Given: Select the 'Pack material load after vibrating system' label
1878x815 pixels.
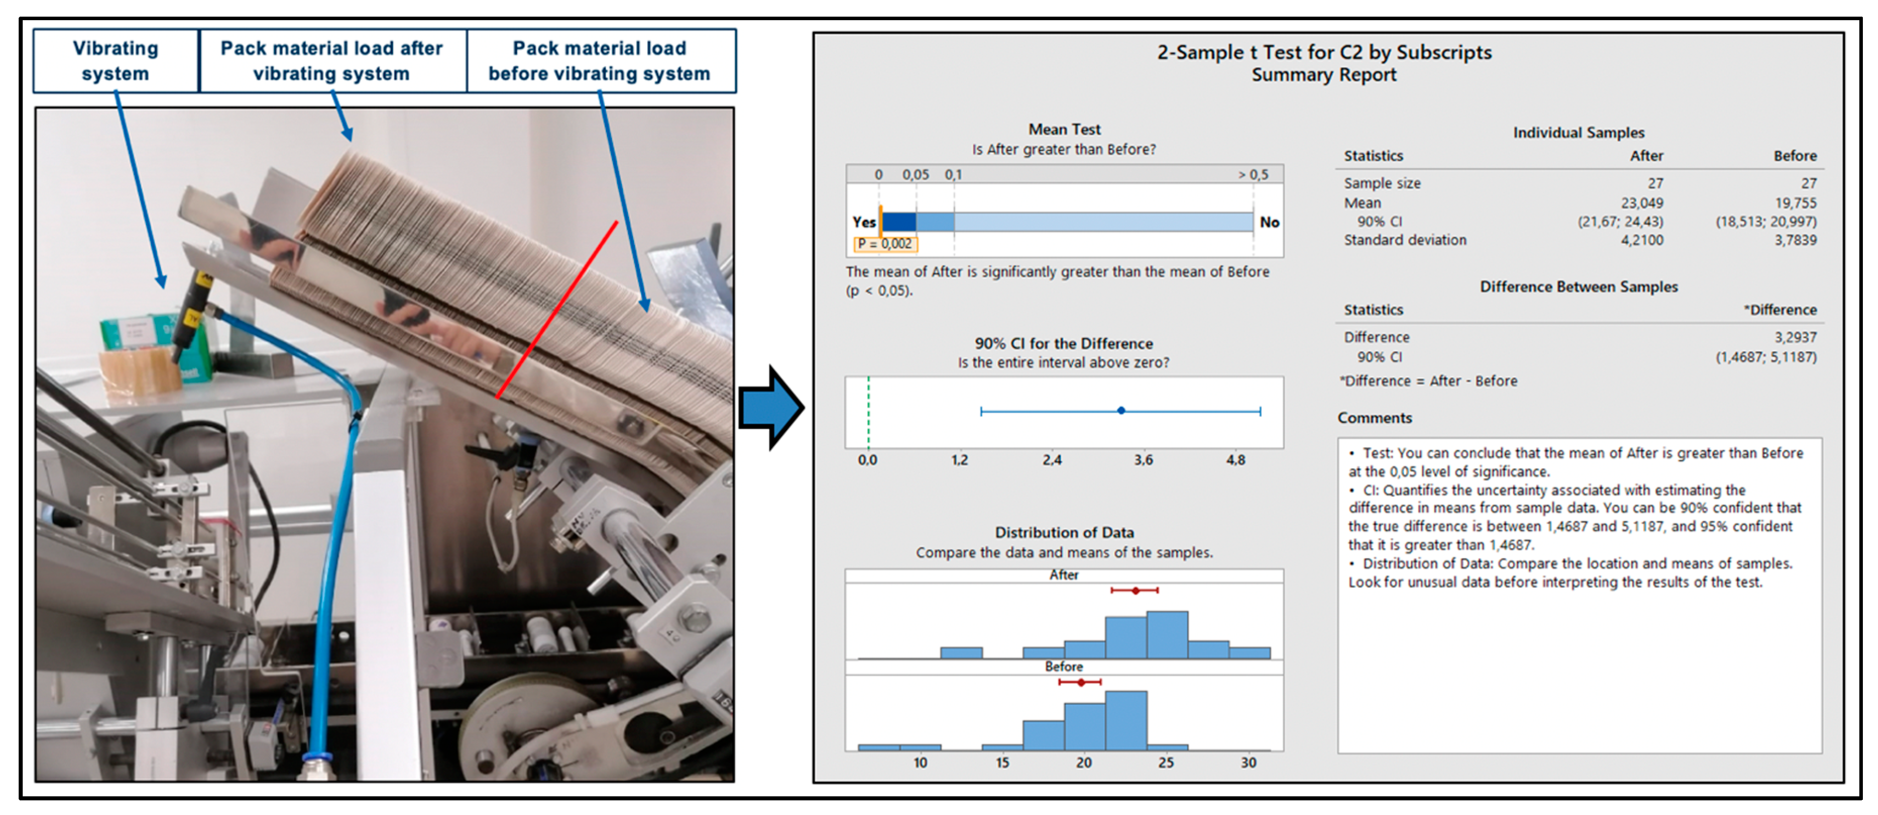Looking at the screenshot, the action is [x=332, y=61].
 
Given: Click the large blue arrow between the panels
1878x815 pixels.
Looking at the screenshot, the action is [x=771, y=408].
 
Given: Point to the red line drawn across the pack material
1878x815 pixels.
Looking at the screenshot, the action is [x=557, y=310].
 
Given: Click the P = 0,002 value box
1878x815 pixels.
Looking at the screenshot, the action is [x=885, y=244].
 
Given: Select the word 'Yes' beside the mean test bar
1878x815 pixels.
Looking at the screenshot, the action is [x=864, y=223].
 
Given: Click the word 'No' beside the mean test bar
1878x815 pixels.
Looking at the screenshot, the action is [x=1269, y=223].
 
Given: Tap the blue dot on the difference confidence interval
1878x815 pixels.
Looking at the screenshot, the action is [x=1121, y=411].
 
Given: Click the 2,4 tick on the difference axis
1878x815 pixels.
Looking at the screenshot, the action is [x=1051, y=460].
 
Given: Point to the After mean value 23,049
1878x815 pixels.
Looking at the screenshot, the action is [x=1642, y=203].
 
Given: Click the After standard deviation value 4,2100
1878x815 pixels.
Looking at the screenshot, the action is [x=1642, y=240].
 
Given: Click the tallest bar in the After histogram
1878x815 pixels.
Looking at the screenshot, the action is [x=1167, y=635].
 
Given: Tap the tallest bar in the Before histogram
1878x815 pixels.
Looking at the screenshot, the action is [x=1125, y=720].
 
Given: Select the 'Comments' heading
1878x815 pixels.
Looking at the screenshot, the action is [x=1374, y=418].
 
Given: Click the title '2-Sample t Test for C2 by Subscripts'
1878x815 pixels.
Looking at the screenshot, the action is [x=1324, y=52].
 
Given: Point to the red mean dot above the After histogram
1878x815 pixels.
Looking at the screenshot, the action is [x=1135, y=590].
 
